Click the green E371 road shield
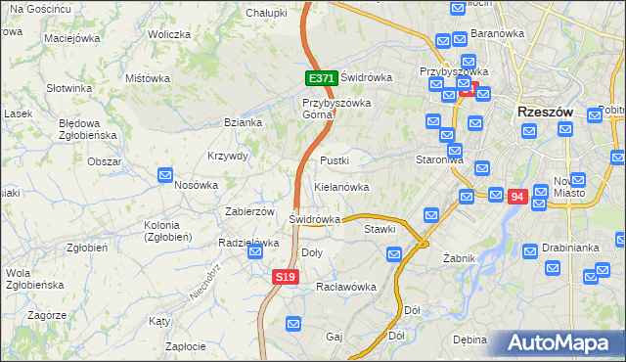[x=322, y=78]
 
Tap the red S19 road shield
[x=285, y=278]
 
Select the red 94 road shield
[x=517, y=197]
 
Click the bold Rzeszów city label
[x=545, y=113]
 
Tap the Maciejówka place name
[x=73, y=39]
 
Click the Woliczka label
[x=169, y=34]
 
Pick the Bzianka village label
[x=243, y=122]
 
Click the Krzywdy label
[x=228, y=156]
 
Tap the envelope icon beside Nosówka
[x=166, y=175]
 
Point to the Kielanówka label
[x=341, y=186]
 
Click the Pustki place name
[x=335, y=159]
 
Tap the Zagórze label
[x=47, y=315]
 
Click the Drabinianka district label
[x=574, y=248]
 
